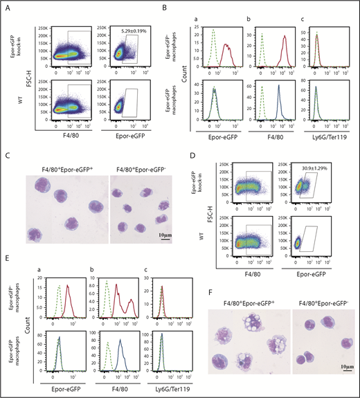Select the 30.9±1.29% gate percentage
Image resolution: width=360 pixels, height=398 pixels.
[x=330, y=159]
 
